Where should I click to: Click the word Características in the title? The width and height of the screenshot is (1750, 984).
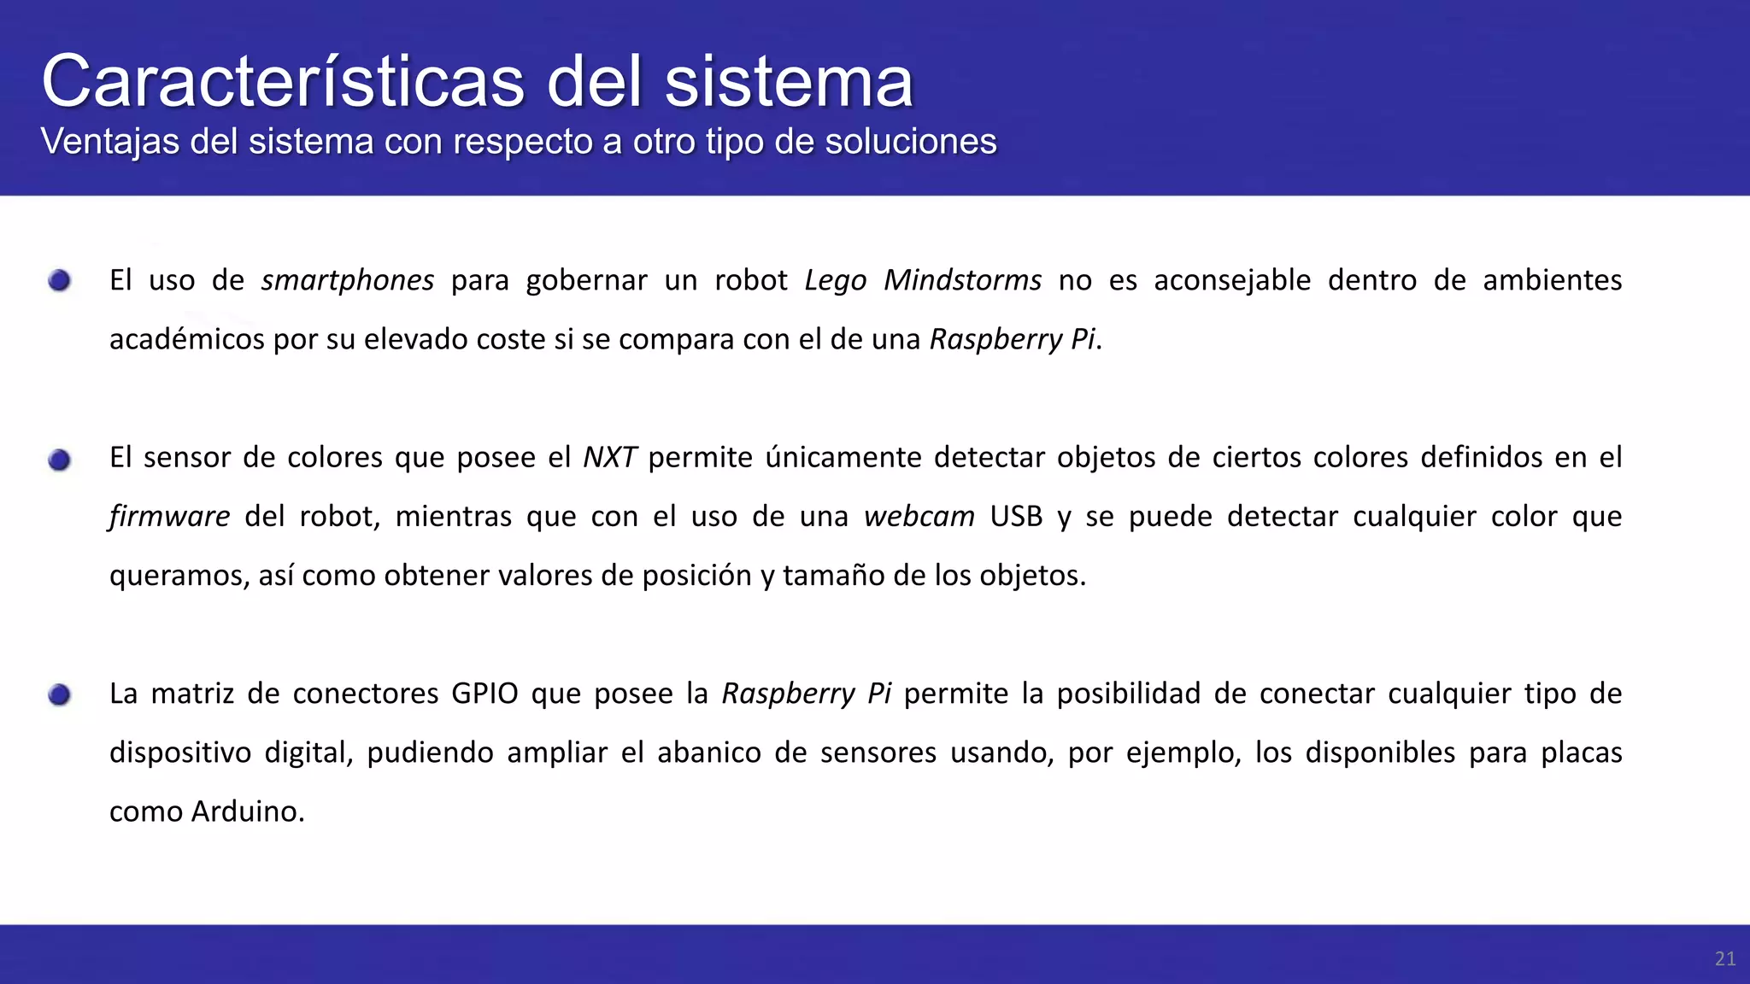[283, 81]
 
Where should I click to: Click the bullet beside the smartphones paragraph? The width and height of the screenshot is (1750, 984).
[59, 280]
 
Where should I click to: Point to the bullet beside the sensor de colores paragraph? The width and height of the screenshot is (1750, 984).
[59, 460]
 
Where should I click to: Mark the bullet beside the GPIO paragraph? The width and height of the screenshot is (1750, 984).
[59, 695]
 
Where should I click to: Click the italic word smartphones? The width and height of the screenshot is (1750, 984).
[348, 280]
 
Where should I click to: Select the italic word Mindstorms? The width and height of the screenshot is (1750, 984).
[962, 280]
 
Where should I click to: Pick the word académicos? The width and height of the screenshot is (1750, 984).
[186, 339]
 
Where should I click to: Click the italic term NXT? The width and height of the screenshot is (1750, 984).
[609, 458]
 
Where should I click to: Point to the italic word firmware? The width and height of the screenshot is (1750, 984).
[169, 517]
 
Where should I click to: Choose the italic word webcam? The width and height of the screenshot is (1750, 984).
[919, 517]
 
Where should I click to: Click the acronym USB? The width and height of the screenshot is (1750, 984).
[1016, 517]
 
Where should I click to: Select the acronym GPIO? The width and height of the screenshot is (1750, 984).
[484, 694]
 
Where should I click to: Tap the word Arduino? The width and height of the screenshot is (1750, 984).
[248, 811]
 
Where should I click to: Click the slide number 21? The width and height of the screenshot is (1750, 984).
[1724, 959]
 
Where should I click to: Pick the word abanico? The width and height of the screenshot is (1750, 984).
[708, 753]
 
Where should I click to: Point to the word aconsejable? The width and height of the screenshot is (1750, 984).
[1232, 280]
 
